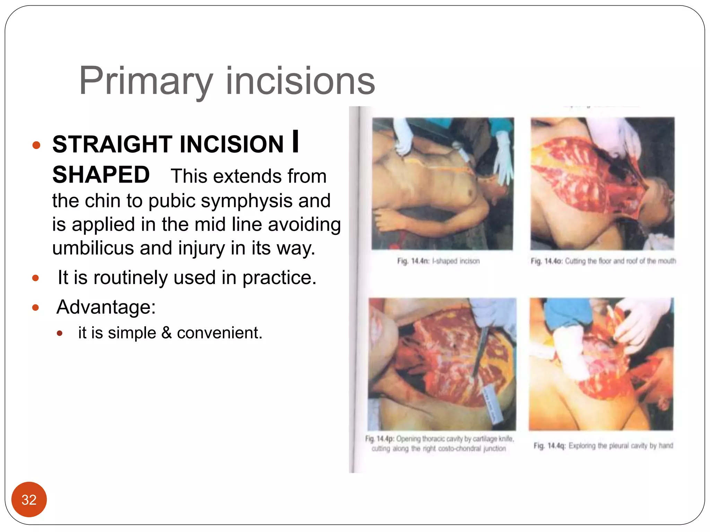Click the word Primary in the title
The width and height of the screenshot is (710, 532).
pyautogui.click(x=146, y=81)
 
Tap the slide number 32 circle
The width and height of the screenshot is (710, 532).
pyautogui.click(x=29, y=499)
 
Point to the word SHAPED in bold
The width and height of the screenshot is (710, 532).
pyautogui.click(x=101, y=175)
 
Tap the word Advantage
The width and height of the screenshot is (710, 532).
pyautogui.click(x=106, y=307)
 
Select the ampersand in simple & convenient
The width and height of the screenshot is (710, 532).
pyautogui.click(x=167, y=333)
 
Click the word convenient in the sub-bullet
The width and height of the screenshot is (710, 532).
pyautogui.click(x=219, y=333)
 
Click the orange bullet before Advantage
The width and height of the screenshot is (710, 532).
pyautogui.click(x=35, y=308)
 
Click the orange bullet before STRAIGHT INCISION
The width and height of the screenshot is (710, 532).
pyautogui.click(x=36, y=145)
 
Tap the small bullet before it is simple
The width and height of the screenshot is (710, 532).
pyautogui.click(x=60, y=334)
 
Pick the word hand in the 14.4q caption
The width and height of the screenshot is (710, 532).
pyautogui.click(x=666, y=445)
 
